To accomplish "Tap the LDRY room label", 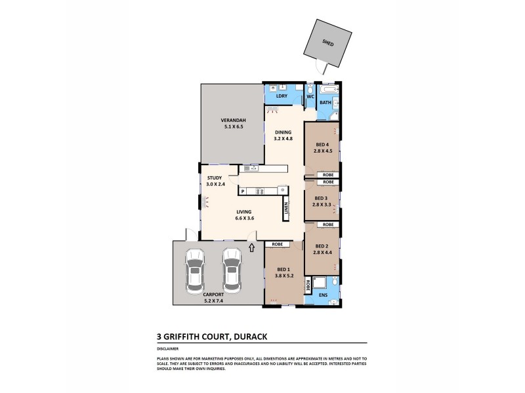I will click(282, 97).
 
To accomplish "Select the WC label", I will click(310, 98).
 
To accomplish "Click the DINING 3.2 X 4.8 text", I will click(283, 136).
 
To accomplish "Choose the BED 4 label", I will click(321, 147).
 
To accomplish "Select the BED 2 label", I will click(320, 249).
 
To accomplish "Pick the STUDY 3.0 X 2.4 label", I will click(215, 181).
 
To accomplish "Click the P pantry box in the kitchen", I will click(243, 192).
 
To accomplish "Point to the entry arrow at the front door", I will click(252, 248).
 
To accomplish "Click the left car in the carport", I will click(194, 270).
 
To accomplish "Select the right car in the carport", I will click(231, 270).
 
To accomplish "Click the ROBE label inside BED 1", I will click(277, 244).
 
